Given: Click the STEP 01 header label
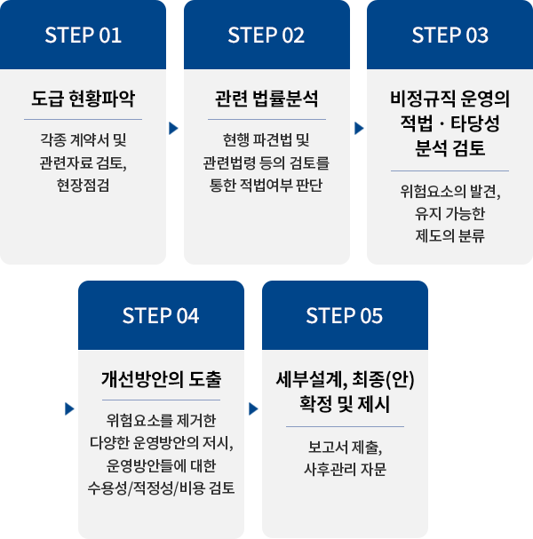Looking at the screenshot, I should click(83, 36).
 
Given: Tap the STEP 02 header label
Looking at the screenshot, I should click(266, 36).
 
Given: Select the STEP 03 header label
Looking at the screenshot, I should click(449, 36).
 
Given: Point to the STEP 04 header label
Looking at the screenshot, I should click(161, 315).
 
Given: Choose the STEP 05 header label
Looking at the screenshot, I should click(344, 315).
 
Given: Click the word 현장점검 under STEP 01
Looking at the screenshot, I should click(83, 184).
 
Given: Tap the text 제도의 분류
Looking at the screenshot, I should click(449, 235).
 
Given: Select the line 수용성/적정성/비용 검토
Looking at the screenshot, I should click(161, 487).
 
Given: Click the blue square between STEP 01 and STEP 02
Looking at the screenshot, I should click(174, 128).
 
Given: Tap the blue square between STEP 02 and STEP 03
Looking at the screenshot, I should click(358, 128).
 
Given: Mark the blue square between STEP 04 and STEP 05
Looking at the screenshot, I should click(252, 409).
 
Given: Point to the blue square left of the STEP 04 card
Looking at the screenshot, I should click(69, 409).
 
